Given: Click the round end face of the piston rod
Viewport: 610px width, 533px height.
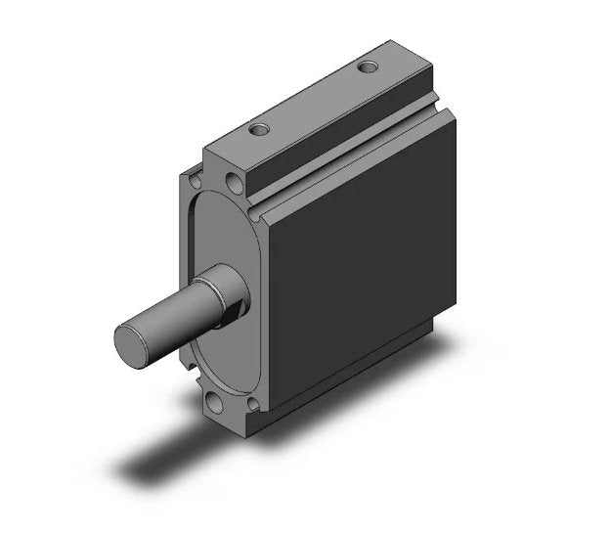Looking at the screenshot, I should click(130, 339).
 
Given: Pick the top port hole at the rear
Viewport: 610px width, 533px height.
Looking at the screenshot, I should click(369, 67).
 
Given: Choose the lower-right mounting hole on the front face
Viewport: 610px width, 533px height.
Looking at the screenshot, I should click(253, 403).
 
